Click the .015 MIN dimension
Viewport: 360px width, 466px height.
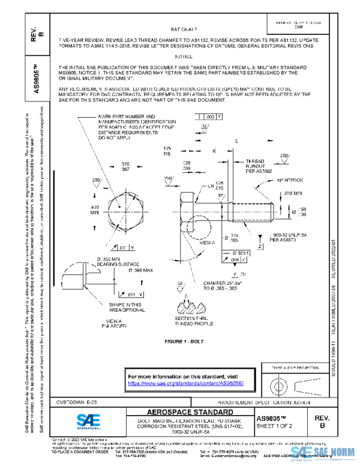click(x=296, y=193)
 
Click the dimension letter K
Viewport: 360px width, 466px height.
click(x=214, y=152)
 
